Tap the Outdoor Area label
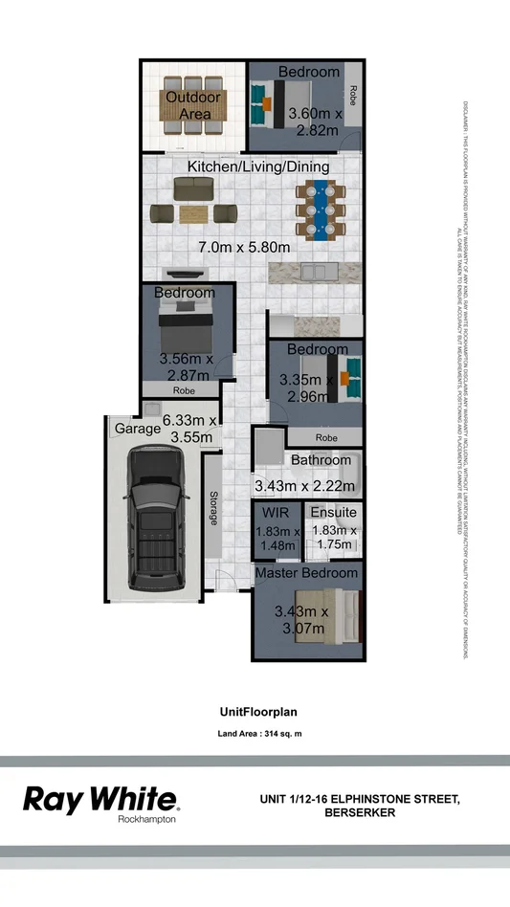193,106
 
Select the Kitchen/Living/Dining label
258,166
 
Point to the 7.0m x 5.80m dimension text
244,247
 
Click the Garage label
138,430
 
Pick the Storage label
213,508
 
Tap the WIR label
277,513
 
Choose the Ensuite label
333,513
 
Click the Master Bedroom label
306,572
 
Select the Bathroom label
322,460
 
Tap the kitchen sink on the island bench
316,272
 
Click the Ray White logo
100,800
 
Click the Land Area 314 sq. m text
260,735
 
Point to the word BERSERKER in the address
360,812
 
